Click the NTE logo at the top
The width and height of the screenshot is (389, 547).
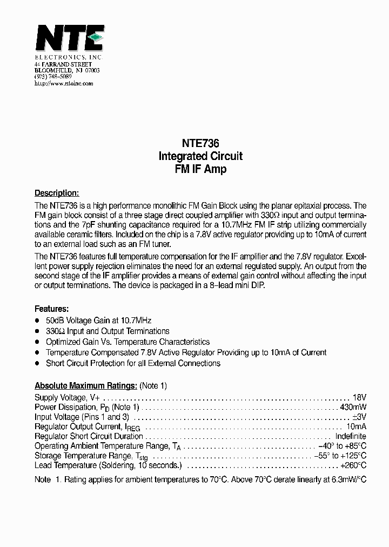click(x=69, y=39)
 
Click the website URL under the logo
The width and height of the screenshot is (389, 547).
click(x=64, y=84)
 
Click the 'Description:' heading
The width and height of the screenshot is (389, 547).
click(x=57, y=193)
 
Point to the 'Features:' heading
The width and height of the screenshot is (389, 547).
click(x=51, y=309)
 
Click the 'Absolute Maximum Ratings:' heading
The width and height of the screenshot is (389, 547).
click(x=85, y=386)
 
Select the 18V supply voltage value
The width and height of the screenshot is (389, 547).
click(x=359, y=397)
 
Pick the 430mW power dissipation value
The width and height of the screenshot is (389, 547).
click(x=353, y=406)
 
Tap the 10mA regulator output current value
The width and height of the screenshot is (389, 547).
click(x=357, y=426)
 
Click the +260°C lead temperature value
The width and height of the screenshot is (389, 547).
click(x=353, y=465)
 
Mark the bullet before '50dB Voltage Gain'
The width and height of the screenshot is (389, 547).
click(x=37, y=321)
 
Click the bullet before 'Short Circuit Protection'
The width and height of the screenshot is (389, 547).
click(x=37, y=364)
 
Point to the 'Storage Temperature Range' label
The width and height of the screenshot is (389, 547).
click(x=81, y=456)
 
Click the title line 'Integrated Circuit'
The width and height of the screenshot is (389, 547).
click(x=200, y=156)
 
